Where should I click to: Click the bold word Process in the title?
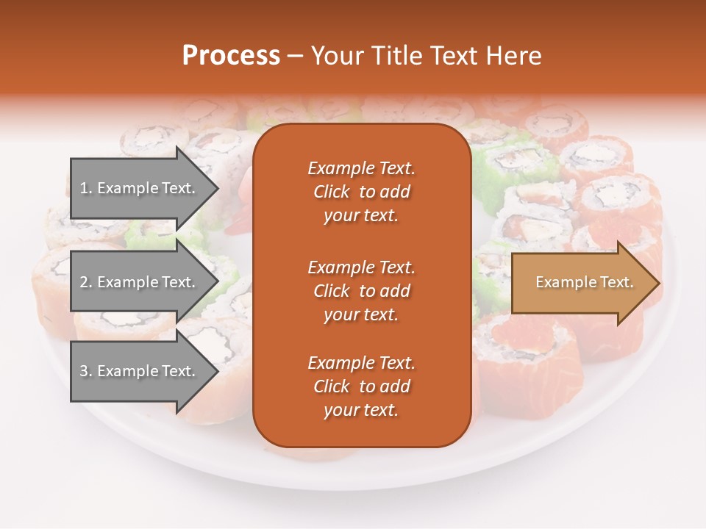(231, 56)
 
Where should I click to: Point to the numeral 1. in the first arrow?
(86, 188)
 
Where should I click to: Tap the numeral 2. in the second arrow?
(86, 282)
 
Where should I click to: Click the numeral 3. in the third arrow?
(86, 371)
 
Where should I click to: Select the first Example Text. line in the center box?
(361, 168)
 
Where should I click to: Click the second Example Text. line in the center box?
(361, 267)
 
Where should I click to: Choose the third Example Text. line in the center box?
(361, 363)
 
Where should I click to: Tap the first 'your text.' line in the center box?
(361, 216)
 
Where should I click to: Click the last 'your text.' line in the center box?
(361, 411)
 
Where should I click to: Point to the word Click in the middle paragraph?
(332, 291)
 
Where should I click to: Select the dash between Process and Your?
(296, 57)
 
